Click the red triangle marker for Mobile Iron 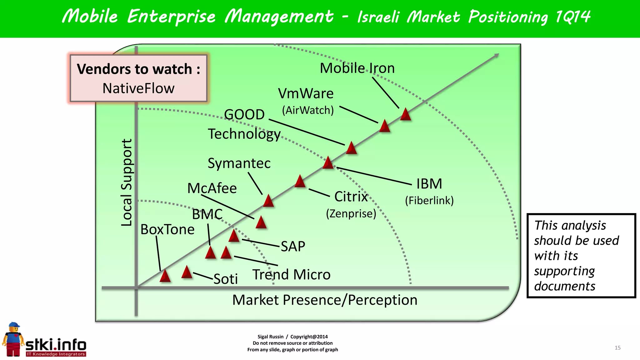405,115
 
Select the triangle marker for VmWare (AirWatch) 384,126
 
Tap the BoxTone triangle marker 165,276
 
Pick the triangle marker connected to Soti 187,272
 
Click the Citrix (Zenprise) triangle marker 300,182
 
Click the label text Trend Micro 291,275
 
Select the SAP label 293,247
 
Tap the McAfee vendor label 212,188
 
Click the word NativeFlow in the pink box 138,88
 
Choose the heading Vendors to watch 138,69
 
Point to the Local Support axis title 127,182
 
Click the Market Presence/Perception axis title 325,300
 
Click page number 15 617,348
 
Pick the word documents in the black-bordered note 564,286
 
